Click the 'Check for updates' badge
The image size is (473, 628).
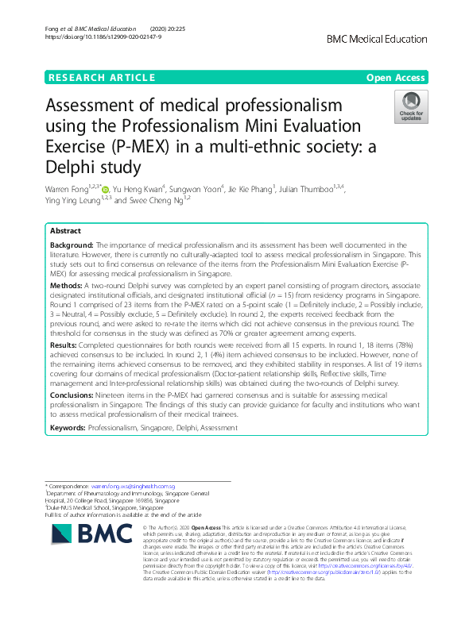412,107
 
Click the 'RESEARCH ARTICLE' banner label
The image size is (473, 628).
101,77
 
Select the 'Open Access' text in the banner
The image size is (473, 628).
397,77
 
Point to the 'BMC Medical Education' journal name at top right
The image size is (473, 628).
398,37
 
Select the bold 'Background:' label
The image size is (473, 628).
72,245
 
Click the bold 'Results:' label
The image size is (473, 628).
65,345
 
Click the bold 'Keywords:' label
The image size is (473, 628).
68,428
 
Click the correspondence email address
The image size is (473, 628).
132,485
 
